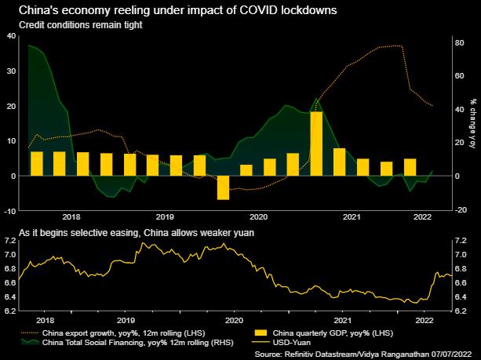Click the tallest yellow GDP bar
(x=316, y=144)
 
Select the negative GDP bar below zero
(x=223, y=187)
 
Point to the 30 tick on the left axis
(x=10, y=71)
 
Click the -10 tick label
(x=9, y=210)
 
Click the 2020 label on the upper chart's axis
(x=258, y=216)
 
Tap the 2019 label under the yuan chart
(x=126, y=321)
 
